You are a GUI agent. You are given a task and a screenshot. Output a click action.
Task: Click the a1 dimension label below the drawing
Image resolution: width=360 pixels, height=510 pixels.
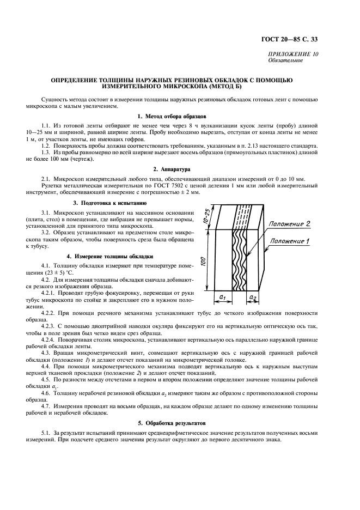point(223,297)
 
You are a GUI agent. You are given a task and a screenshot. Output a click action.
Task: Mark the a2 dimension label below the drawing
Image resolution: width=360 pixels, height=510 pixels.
point(253,297)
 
